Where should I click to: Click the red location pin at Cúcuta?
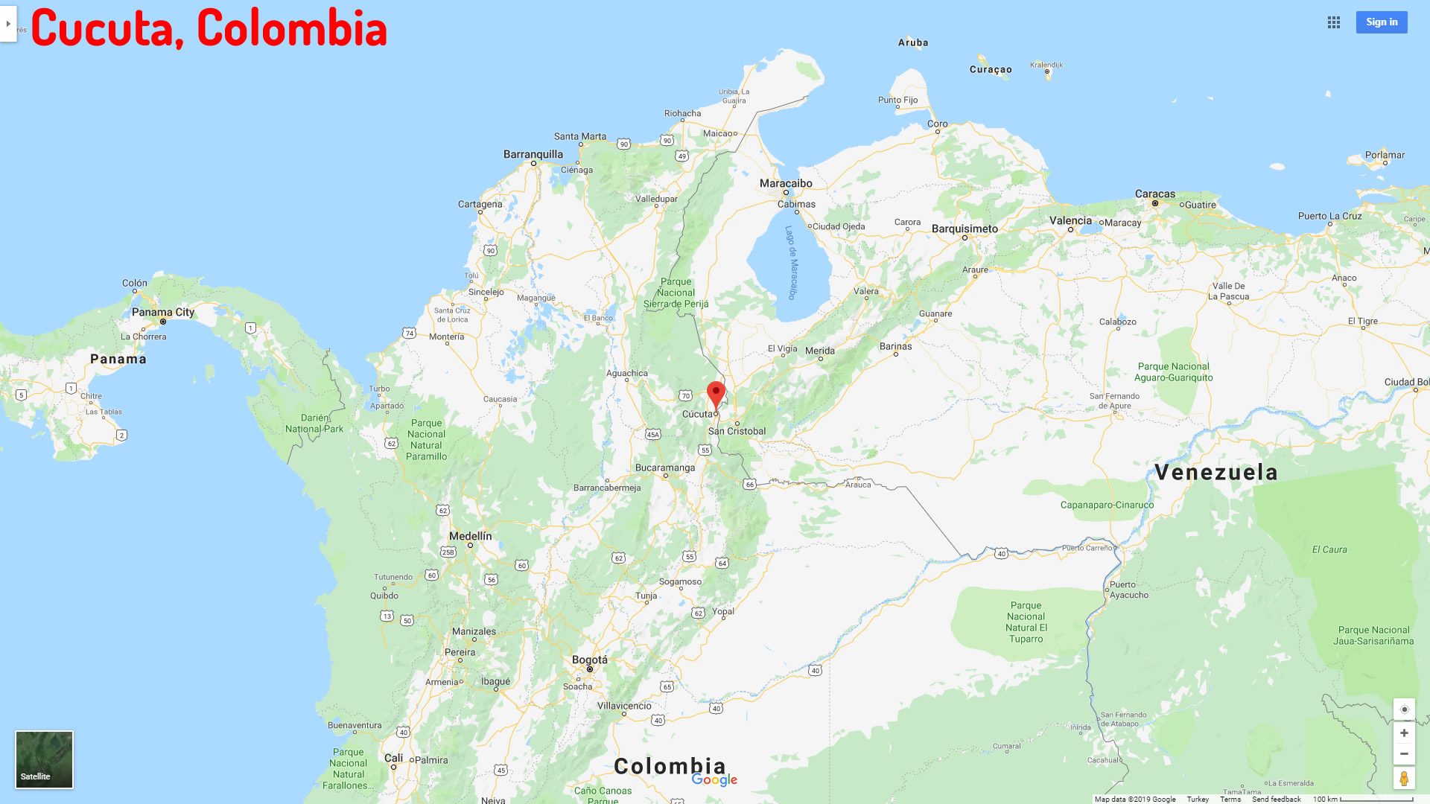[716, 394]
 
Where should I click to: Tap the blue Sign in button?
[1382, 22]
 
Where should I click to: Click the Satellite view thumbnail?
[45, 759]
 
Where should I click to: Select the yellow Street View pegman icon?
[1404, 779]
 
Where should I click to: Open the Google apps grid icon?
[1334, 22]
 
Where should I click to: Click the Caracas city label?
[1154, 194]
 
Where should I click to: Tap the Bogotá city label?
[589, 660]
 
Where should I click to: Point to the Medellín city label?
[470, 536]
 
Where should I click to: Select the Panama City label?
[163, 312]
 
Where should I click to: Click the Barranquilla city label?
[533, 154]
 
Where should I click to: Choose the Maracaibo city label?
[786, 183]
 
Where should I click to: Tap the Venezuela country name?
[1215, 472]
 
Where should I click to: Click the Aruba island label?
[913, 42]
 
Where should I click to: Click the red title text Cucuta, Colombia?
[209, 28]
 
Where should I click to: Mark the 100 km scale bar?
[1376, 800]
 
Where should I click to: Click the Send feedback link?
[1276, 800]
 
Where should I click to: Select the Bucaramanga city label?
[665, 468]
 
